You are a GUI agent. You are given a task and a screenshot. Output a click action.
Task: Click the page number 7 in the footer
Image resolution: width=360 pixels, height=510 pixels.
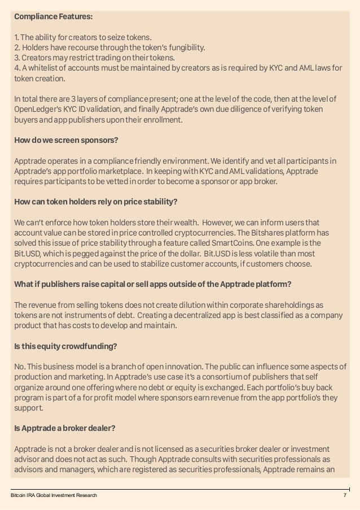(344, 495)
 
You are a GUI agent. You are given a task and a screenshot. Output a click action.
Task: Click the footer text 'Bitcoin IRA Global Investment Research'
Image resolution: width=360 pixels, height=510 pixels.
(54, 495)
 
